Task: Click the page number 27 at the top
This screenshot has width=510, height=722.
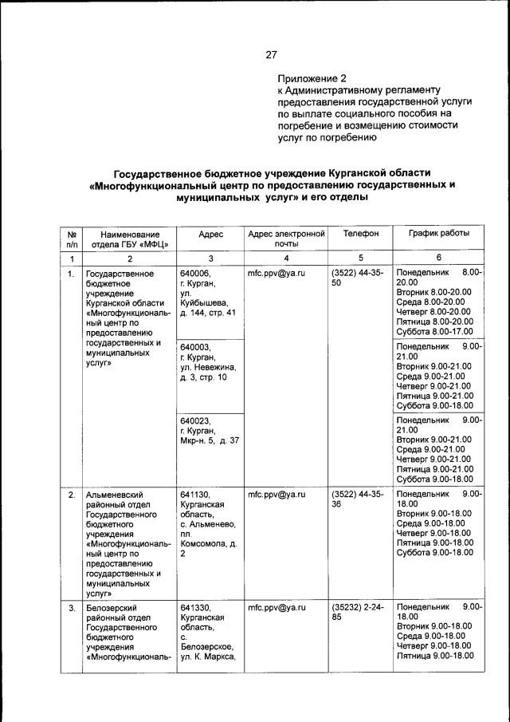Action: coord(271,55)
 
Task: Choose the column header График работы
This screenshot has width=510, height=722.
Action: coord(438,233)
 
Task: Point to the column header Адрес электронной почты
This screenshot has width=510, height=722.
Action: coord(286,239)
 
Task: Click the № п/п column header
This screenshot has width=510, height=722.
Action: coord(72,239)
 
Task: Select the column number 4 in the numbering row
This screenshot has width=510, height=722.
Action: coord(286,258)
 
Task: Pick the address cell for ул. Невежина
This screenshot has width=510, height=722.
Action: coord(208,362)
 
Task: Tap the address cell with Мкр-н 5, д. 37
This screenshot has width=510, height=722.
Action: coord(209,430)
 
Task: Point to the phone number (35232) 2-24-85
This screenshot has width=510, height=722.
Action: coord(356,613)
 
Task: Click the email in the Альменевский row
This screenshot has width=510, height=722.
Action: coord(277,495)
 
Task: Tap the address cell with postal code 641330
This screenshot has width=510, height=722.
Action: coord(208,631)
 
